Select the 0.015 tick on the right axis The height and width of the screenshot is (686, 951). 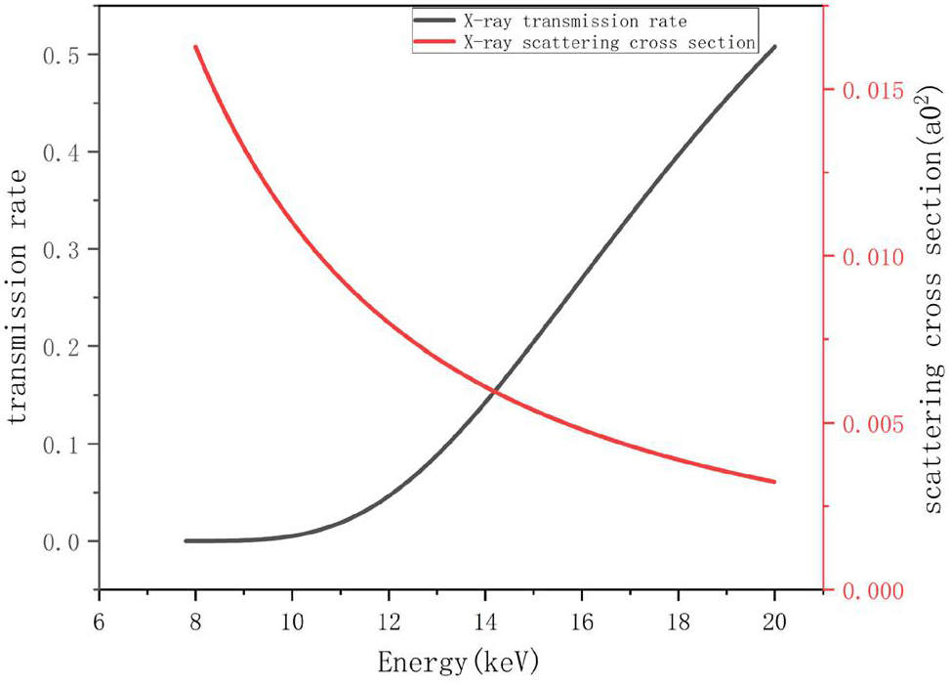pos(866,90)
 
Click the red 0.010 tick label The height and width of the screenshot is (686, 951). pos(866,257)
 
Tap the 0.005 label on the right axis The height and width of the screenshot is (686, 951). pos(866,424)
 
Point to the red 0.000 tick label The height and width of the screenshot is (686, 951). pos(866,591)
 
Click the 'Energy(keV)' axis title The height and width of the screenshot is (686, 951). pos(458,664)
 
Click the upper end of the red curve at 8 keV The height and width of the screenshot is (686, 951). pos(195,47)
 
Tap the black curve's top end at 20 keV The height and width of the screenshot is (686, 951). pos(774,47)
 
